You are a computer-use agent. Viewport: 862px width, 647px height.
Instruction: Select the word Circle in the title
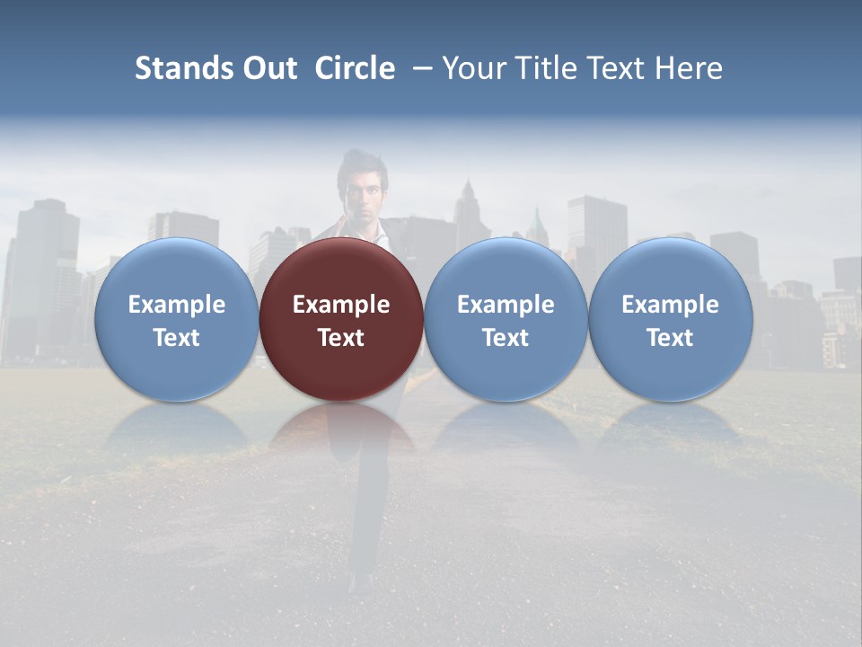pyautogui.click(x=355, y=68)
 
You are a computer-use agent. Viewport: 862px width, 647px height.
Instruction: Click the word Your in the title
pyautogui.click(x=471, y=68)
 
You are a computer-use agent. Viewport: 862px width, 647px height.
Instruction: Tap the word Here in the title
pyautogui.click(x=689, y=68)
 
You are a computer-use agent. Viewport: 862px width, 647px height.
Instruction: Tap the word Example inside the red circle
pyautogui.click(x=341, y=305)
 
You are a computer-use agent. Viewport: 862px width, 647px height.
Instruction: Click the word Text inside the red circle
pyautogui.click(x=341, y=338)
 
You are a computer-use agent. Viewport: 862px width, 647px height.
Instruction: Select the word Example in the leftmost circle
pyautogui.click(x=176, y=305)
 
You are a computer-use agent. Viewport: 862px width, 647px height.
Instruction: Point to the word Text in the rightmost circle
pyautogui.click(x=670, y=338)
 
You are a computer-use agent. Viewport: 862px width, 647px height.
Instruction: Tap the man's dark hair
pyautogui.click(x=359, y=164)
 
